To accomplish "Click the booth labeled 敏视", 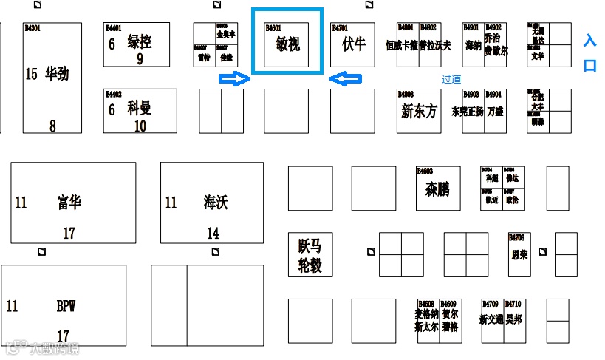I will click(287, 44).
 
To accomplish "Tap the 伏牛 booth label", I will click(354, 44).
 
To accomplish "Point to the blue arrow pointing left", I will click(344, 79).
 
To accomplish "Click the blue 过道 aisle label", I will click(451, 78).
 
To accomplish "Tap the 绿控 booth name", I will click(140, 41).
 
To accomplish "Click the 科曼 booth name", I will click(139, 107).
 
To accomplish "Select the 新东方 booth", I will click(419, 112).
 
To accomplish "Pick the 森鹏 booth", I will click(437, 189).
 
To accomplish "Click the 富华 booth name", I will click(69, 202).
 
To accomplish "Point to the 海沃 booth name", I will click(216, 202).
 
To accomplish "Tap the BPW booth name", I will click(66, 306).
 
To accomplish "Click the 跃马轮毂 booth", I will click(310, 255).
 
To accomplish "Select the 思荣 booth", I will click(519, 254).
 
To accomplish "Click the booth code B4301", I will click(32, 28).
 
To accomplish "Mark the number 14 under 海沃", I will click(213, 234).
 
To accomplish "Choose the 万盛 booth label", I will click(494, 112).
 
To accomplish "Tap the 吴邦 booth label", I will click(513, 319).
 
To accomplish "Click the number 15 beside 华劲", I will click(30, 74).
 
